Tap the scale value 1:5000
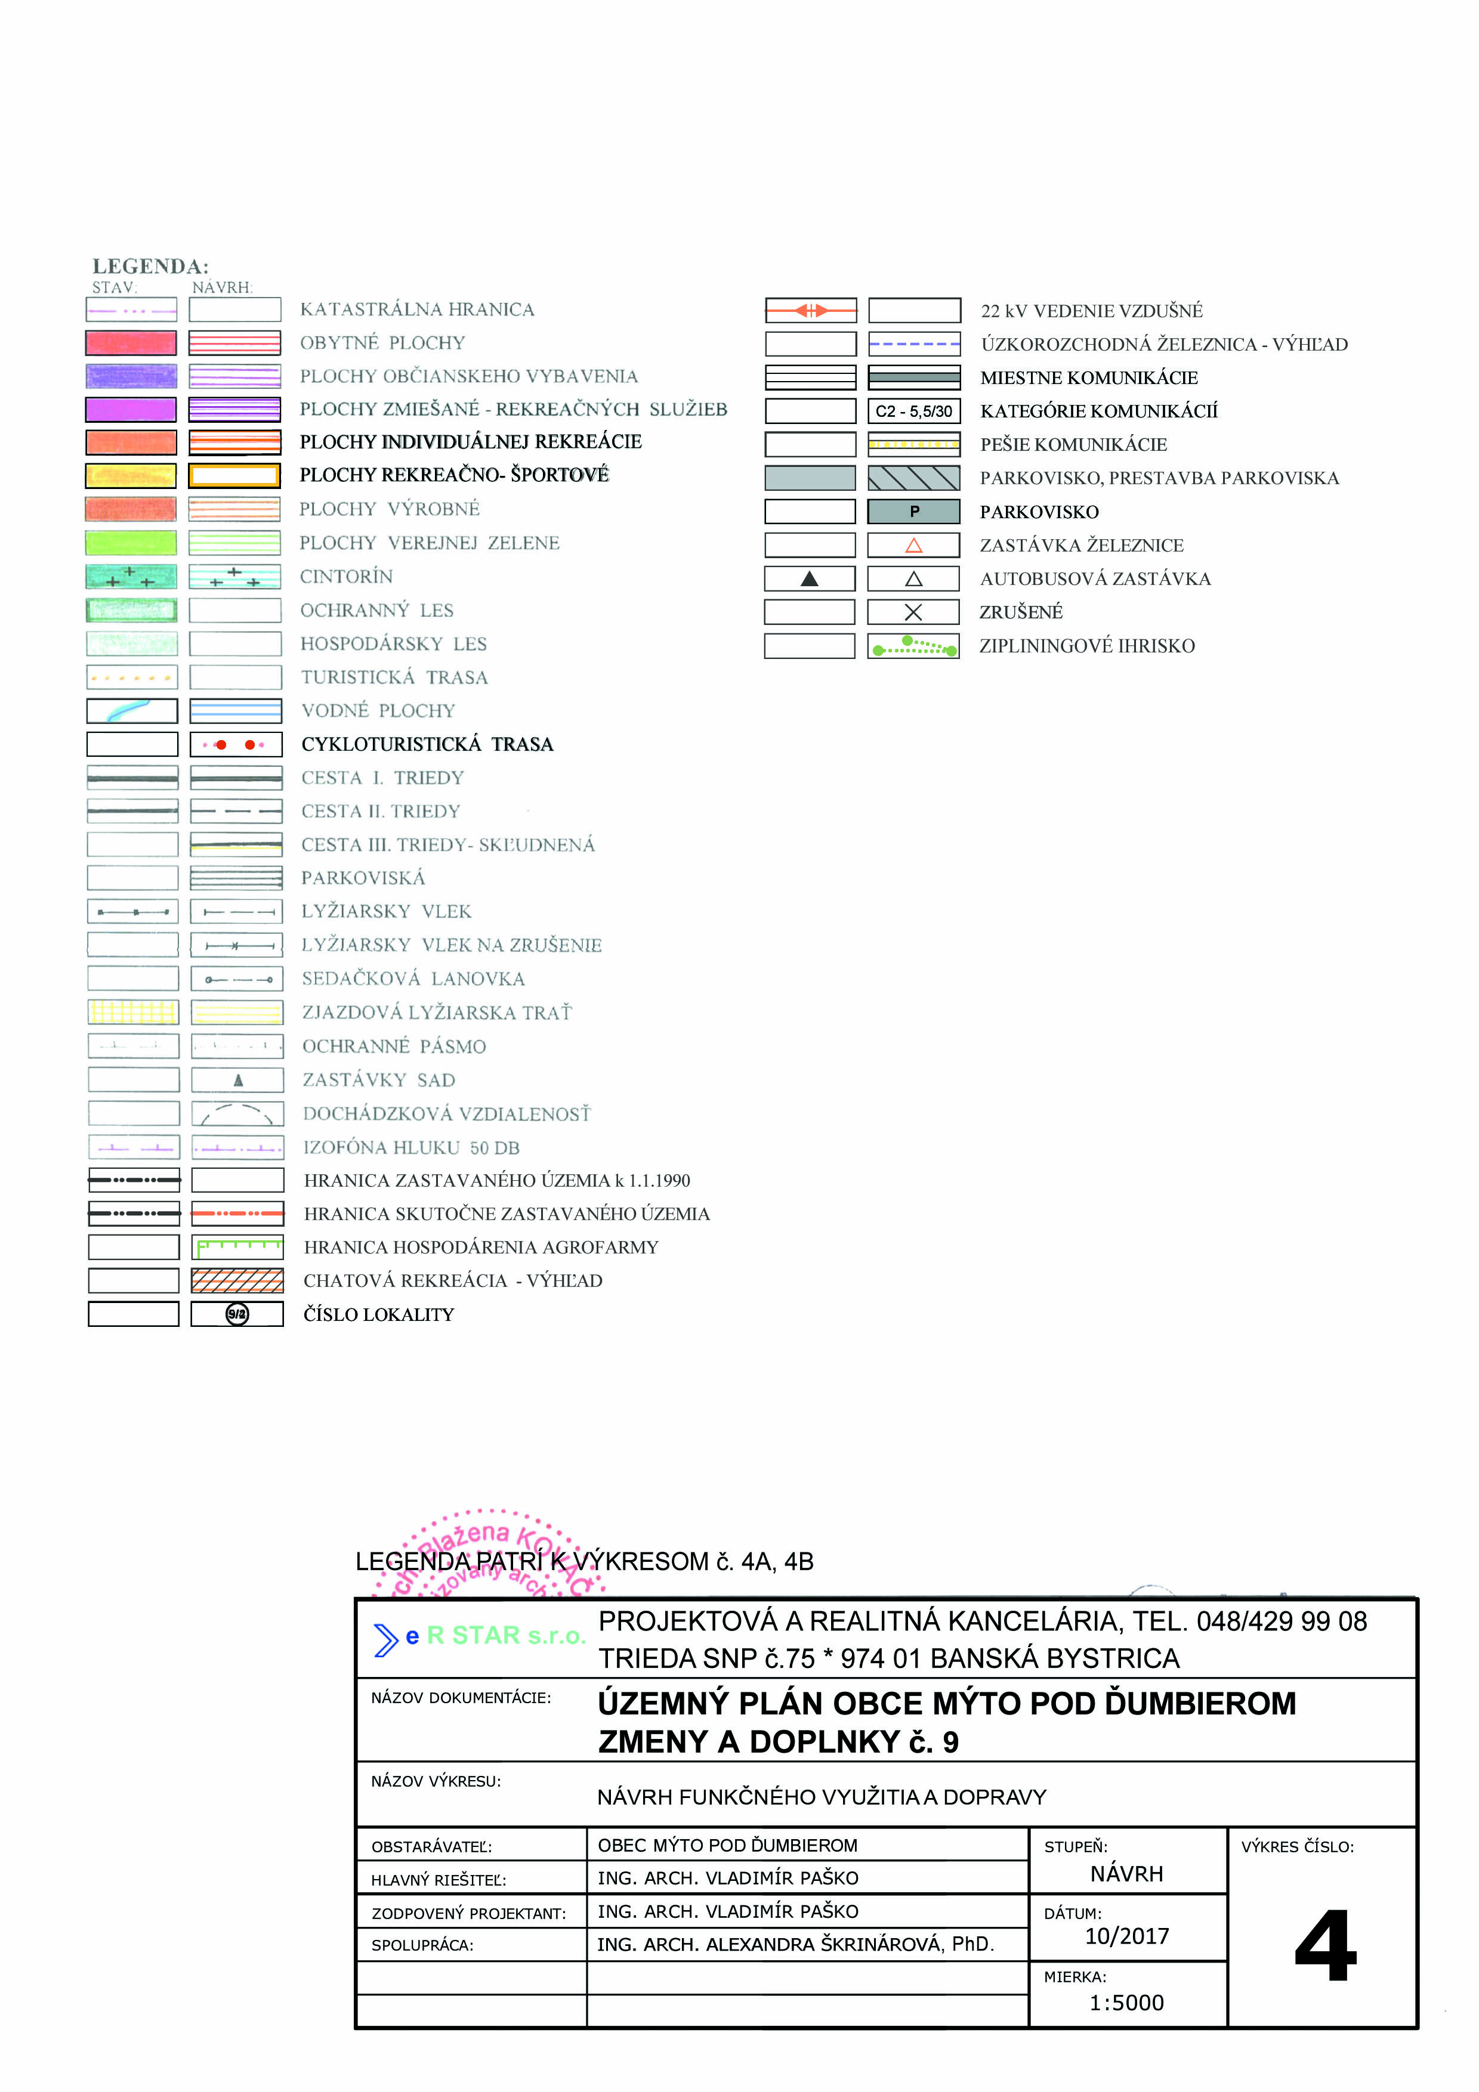coord(1126,2002)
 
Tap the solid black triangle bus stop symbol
coord(808,578)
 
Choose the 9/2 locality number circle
coord(237,1314)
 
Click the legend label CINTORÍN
coord(346,577)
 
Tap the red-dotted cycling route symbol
coord(235,744)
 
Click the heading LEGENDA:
coord(150,266)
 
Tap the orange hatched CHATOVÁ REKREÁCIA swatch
coord(237,1280)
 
